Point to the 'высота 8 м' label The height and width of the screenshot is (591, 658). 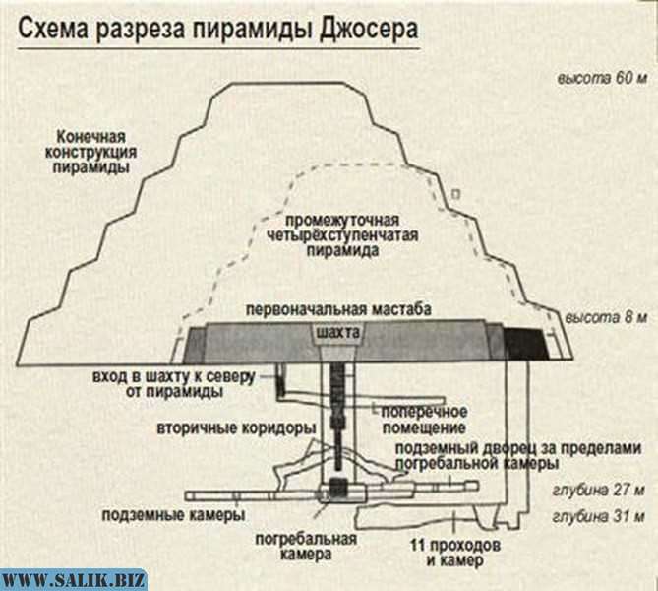[x=605, y=318]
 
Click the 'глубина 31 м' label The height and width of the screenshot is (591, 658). [x=595, y=515]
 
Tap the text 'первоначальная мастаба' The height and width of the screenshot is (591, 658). [x=339, y=309]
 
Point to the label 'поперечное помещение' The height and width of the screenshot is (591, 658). [x=425, y=419]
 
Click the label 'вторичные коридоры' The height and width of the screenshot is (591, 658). [x=235, y=430]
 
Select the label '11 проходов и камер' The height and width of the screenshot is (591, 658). [x=455, y=553]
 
